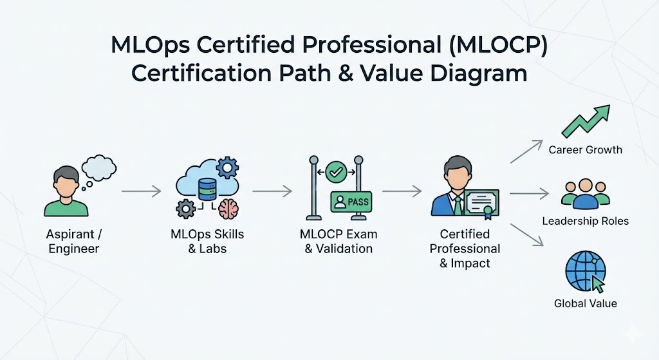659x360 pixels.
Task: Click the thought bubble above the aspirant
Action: (98, 168)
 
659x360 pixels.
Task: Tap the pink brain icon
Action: (228, 209)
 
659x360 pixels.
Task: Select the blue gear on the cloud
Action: (227, 167)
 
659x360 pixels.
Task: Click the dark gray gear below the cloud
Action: (186, 209)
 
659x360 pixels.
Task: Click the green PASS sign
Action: (351, 202)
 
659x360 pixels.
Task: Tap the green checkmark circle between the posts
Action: (336, 172)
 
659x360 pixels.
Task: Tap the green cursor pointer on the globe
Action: (598, 284)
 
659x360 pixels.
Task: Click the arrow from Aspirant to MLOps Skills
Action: (141, 191)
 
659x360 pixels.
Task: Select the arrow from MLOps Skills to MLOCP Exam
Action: (272, 191)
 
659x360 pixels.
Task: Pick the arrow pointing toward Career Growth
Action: (526, 151)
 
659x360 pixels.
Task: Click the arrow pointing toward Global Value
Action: (527, 234)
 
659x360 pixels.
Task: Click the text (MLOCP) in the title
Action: (498, 45)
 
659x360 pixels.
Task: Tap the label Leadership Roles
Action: (586, 221)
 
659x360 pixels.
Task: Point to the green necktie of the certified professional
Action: (458, 205)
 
